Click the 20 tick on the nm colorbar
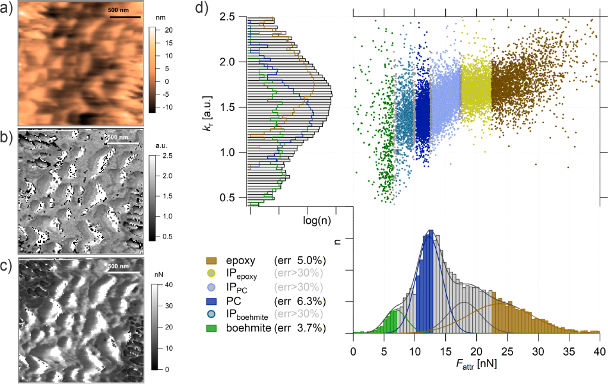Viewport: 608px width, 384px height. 168,30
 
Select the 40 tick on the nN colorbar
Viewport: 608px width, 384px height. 169,285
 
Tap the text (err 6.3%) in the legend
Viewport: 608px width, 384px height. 300,300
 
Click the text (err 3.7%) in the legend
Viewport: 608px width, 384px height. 300,326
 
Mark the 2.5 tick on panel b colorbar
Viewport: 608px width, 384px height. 168,156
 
